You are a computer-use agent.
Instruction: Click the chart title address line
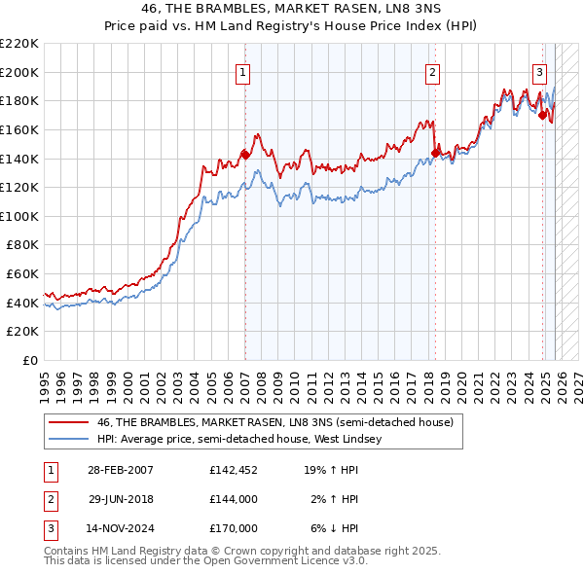pos(291,10)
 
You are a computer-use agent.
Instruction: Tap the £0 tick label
pos(31,360)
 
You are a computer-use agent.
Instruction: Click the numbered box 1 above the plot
pos(242,70)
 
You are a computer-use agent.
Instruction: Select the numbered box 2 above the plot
pos(431,70)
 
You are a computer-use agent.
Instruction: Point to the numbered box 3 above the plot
pos(539,70)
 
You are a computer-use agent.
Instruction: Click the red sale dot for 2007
pos(245,154)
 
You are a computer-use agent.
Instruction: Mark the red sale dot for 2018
pos(435,152)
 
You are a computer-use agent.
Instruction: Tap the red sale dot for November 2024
pos(542,115)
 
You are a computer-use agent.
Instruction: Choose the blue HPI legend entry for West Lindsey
pos(239,439)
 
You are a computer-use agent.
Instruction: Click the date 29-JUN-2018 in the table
pos(122,499)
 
